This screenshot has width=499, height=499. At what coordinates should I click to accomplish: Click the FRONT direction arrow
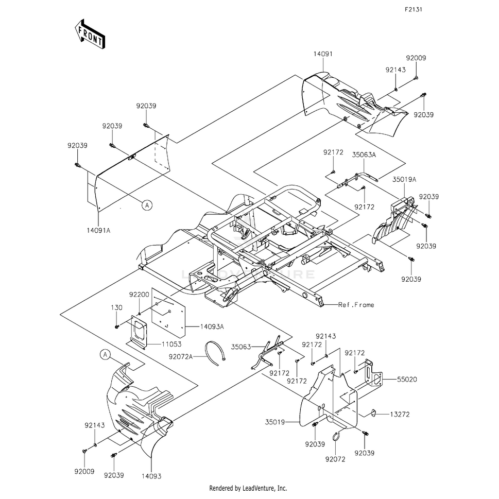pyautogui.click(x=90, y=34)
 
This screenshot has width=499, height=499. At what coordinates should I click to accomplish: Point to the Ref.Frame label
pyautogui.click(x=356, y=305)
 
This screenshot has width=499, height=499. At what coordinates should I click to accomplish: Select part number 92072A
pyautogui.click(x=180, y=356)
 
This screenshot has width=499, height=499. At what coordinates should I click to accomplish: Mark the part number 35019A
pyautogui.click(x=404, y=180)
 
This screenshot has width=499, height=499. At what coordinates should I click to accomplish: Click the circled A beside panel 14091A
pyautogui.click(x=147, y=204)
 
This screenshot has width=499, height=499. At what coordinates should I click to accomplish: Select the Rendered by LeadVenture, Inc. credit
pyautogui.click(x=248, y=488)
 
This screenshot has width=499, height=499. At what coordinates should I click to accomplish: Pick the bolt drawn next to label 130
pyautogui.click(x=118, y=326)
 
